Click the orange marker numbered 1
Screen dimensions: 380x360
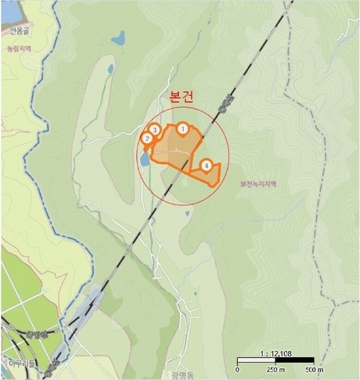183,129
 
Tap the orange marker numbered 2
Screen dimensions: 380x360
146,139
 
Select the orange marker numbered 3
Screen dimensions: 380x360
154,130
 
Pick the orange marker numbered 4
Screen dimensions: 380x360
206,166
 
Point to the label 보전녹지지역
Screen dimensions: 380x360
258,184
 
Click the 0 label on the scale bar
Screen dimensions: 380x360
238,369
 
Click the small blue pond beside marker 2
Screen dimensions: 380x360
145,158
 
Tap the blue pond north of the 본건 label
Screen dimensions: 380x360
118,39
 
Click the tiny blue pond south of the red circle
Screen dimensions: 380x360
187,214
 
